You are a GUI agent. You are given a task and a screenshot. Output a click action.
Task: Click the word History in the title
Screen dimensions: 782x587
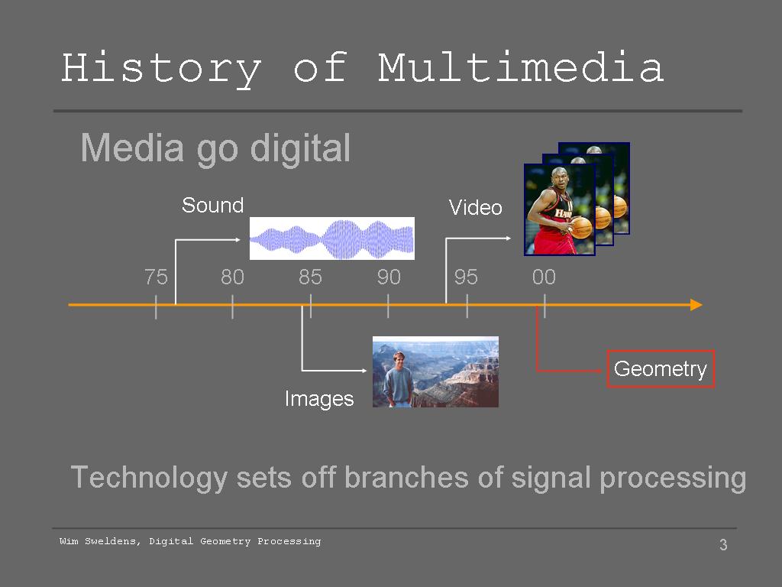(x=161, y=69)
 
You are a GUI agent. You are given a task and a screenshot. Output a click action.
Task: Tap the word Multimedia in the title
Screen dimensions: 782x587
(x=521, y=66)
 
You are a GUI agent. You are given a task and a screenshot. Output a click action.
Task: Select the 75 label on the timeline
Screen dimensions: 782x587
(x=156, y=277)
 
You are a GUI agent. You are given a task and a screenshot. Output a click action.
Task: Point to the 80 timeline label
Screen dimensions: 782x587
(x=232, y=277)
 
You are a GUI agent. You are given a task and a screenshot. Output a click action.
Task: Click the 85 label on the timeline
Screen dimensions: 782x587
(x=310, y=277)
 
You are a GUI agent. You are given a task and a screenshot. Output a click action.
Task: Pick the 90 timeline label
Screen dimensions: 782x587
(x=389, y=277)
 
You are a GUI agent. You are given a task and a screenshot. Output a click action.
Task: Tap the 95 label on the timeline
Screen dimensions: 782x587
(x=466, y=277)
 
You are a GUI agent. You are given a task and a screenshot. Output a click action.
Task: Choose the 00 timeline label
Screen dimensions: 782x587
(x=544, y=277)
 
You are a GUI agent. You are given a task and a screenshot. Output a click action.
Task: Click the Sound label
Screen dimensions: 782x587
(x=212, y=205)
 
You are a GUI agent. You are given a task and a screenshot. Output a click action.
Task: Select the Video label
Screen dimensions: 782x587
(x=475, y=208)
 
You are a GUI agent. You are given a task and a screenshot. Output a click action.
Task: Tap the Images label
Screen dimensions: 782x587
(x=319, y=399)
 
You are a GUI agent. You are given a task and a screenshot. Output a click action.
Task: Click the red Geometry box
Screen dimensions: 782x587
(x=661, y=369)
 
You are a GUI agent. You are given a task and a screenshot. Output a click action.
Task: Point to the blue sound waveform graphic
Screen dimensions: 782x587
(x=332, y=238)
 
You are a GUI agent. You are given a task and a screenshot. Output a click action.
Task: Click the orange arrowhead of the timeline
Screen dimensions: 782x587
(x=696, y=304)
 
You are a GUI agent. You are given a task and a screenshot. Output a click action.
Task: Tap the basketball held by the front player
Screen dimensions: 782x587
(x=581, y=227)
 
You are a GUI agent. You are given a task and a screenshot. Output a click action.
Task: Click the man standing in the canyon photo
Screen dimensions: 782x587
(x=397, y=379)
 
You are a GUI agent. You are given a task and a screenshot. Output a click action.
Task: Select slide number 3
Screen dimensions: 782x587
(x=723, y=544)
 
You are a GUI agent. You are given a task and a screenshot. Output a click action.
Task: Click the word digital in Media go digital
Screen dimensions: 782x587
(x=299, y=148)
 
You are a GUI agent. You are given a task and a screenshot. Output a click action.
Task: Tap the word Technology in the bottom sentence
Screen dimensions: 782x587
(x=149, y=478)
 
